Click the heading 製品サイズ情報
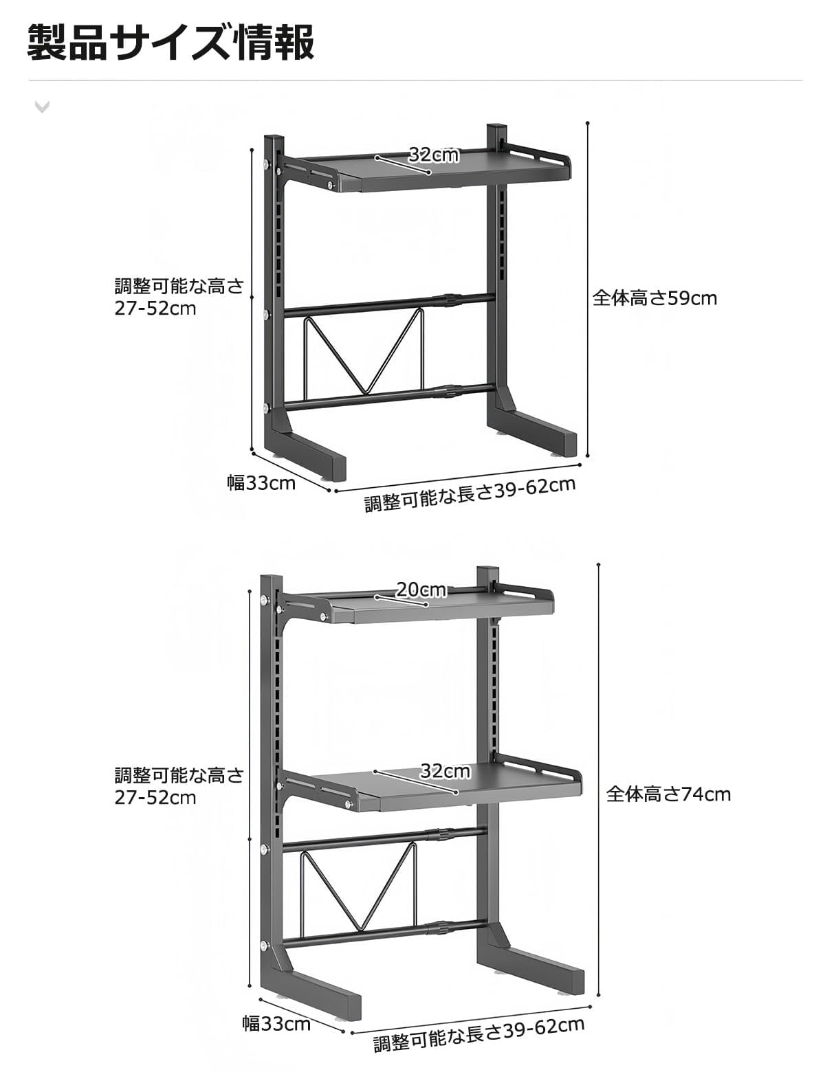click(x=171, y=43)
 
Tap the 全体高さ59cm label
click(x=654, y=298)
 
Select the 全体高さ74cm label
click(x=668, y=794)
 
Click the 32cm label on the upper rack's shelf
click(x=433, y=155)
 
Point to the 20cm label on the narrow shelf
click(x=421, y=590)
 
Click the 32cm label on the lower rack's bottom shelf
click(x=445, y=771)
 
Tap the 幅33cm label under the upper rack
click(x=261, y=482)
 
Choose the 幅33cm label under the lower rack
click(x=276, y=1025)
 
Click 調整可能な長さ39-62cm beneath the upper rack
click(x=470, y=493)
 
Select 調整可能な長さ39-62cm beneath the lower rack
click(x=478, y=1035)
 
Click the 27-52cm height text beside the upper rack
click(x=155, y=308)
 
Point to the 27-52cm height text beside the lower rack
click(x=155, y=797)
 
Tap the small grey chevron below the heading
click(x=42, y=106)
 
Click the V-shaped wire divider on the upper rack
click(x=362, y=354)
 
